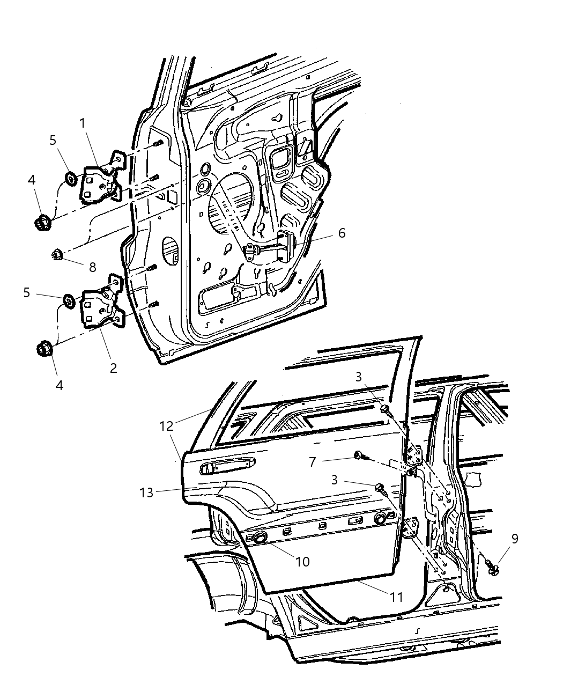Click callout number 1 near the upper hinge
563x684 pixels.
tap(83, 123)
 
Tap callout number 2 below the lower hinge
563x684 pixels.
tap(113, 368)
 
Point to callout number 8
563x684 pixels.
tap(92, 267)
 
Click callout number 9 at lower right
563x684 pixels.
tap(515, 539)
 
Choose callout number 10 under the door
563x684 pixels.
tap(302, 562)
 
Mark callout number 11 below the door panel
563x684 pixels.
tap(397, 596)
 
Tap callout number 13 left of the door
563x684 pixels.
tap(147, 492)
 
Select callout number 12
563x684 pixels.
tap(166, 426)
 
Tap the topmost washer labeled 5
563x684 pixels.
tap(70, 178)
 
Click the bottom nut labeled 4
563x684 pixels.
tap(43, 349)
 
